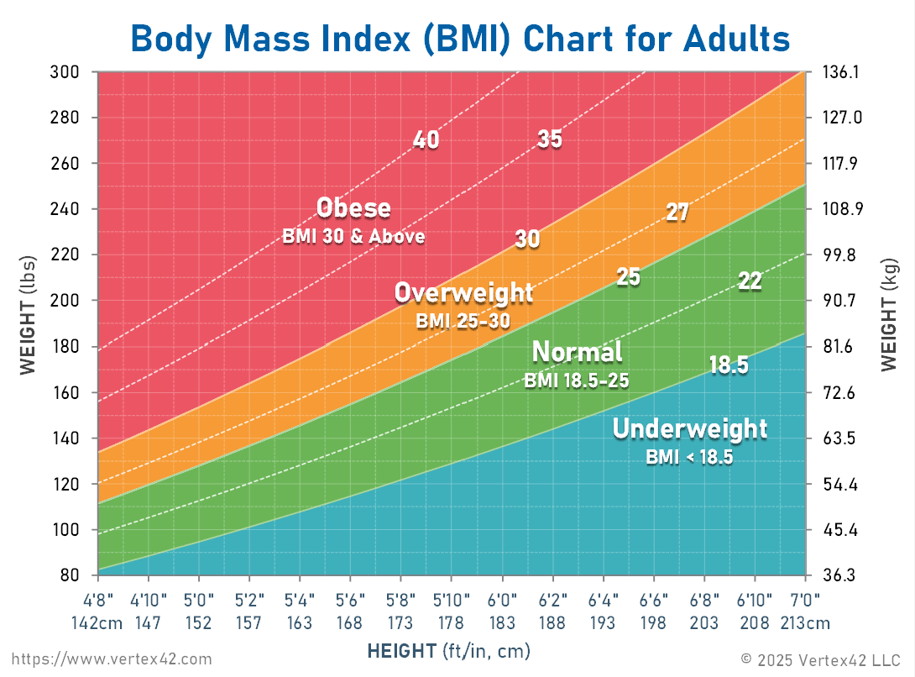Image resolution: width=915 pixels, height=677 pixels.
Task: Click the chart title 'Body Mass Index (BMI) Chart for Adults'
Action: coord(460,39)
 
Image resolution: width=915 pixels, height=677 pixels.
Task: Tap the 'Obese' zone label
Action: coord(353,207)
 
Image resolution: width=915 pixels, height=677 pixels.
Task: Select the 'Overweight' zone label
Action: coord(463,293)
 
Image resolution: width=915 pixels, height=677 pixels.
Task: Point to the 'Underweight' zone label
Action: coord(689,429)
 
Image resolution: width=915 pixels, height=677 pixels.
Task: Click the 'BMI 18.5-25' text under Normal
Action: coord(577,380)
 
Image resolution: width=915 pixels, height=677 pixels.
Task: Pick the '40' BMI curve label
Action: coord(426,140)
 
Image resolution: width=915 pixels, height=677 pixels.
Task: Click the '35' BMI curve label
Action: coord(549,139)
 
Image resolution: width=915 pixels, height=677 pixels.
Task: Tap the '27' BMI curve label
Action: coord(677,213)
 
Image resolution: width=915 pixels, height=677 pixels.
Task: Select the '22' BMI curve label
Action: coord(749,281)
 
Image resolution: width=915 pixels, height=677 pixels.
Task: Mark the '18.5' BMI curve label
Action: coord(728,365)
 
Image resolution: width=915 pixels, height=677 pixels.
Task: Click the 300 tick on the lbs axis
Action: coord(64,72)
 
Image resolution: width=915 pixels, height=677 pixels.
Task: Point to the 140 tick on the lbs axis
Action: coord(64,438)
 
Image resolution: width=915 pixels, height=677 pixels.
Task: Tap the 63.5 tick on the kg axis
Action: coord(839,438)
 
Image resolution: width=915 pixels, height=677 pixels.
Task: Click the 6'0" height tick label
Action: coord(502,602)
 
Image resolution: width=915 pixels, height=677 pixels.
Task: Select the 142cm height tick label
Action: coord(98,623)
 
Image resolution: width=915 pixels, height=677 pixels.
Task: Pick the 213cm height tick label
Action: coord(805,623)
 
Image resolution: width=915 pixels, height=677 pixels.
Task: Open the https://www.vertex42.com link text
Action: coord(112,659)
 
